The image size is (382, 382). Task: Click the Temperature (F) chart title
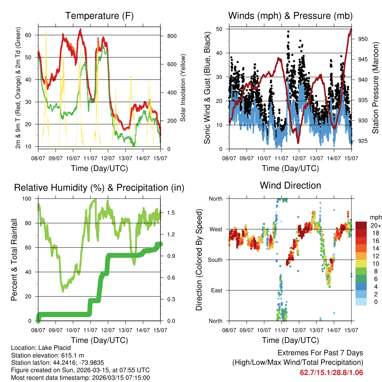pos(99,16)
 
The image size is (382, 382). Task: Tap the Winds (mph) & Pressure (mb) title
pos(290,16)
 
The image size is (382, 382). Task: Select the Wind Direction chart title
pos(290,185)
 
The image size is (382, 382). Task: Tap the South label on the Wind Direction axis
pos(216,260)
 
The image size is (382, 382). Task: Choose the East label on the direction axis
pos(217,290)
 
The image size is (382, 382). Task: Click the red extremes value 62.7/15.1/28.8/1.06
pos(331,372)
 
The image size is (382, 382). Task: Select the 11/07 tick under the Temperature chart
pos(91,153)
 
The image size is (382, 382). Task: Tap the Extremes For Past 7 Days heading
pos(320,353)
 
